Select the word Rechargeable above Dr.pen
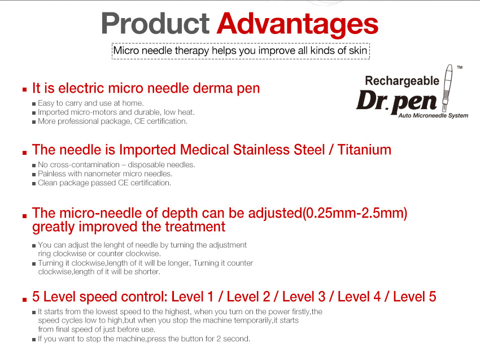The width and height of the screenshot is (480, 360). point(402,80)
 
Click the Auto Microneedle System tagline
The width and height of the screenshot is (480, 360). point(433,115)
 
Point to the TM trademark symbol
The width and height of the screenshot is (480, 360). point(459,67)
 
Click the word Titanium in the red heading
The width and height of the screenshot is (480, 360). point(364,150)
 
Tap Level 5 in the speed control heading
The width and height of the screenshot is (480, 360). point(414,297)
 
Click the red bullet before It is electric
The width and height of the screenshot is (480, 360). point(24,90)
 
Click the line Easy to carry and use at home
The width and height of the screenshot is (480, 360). point(91,103)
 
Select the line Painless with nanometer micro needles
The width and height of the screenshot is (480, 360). point(105,174)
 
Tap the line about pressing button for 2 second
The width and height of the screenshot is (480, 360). point(143,339)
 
